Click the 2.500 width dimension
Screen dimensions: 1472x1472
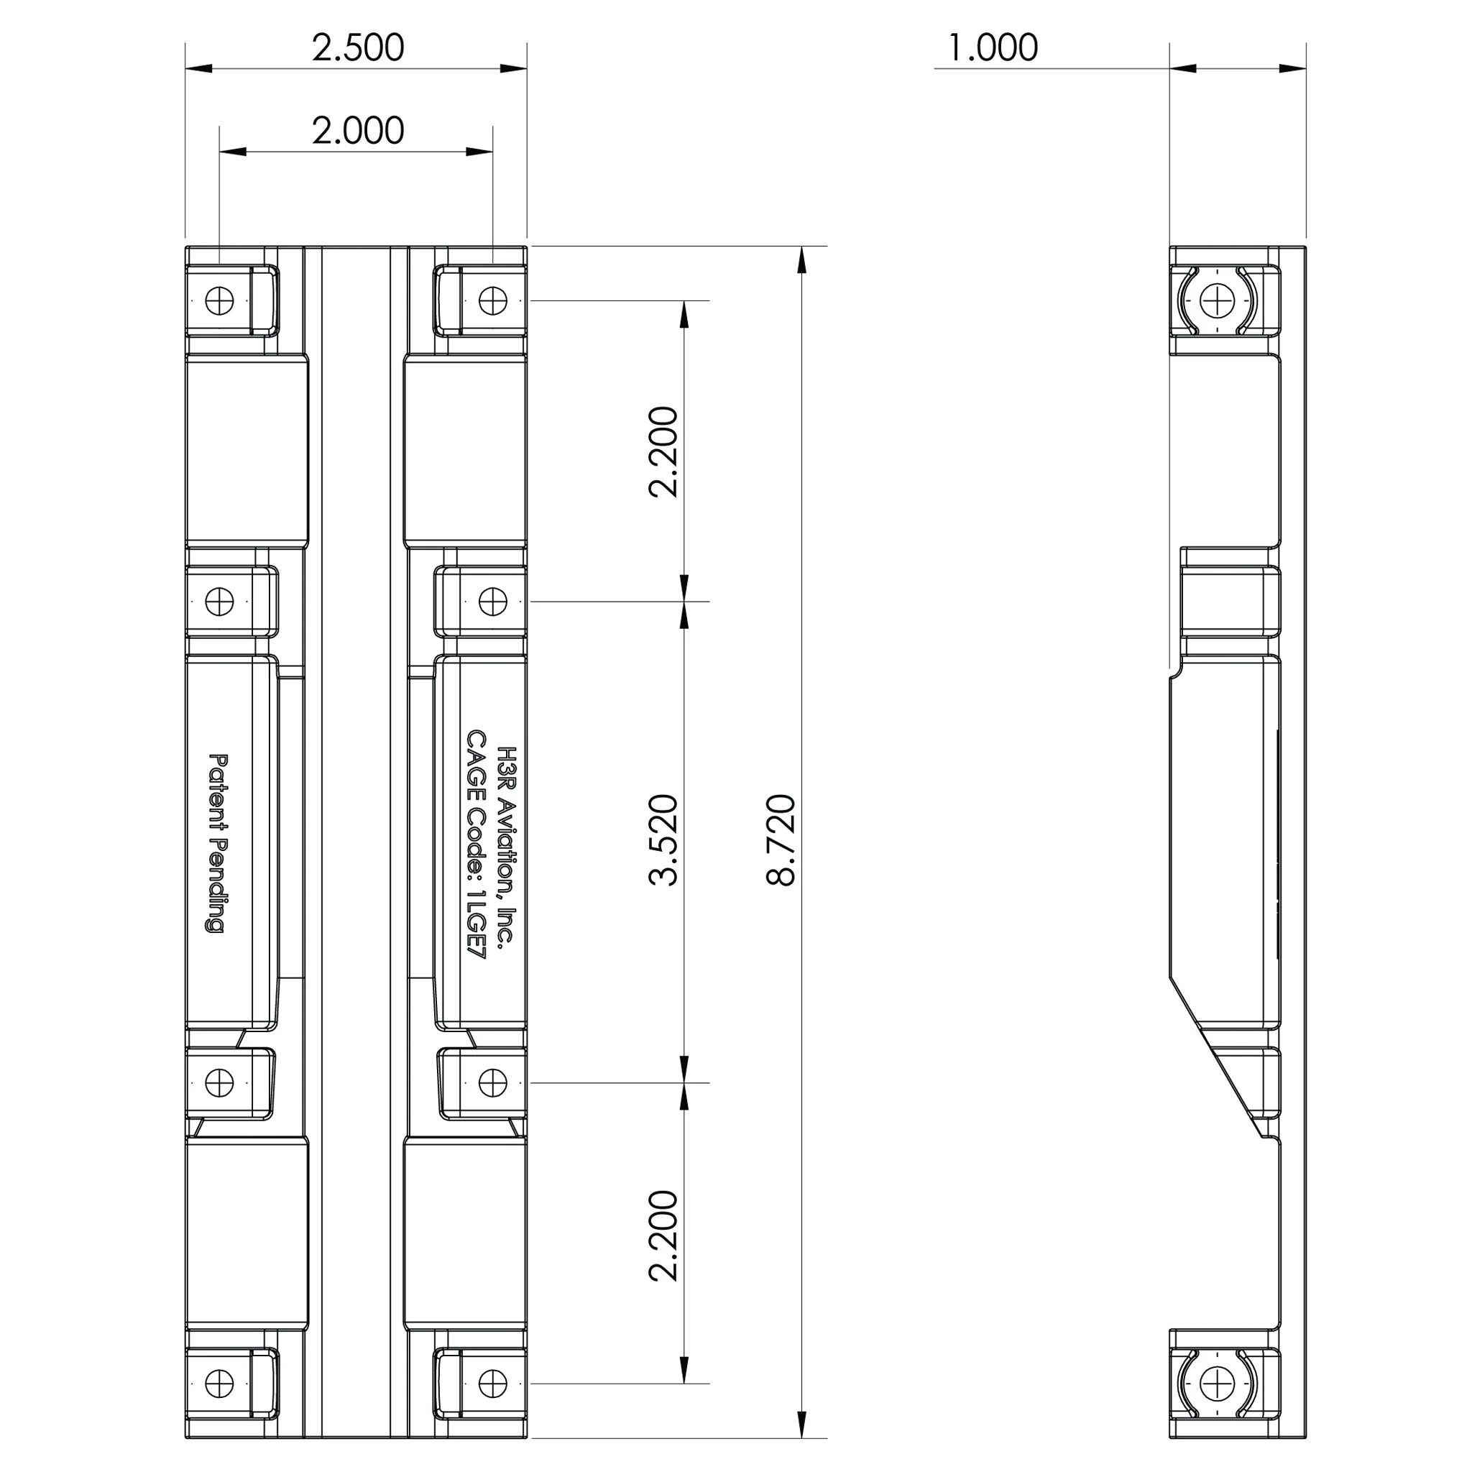click(357, 47)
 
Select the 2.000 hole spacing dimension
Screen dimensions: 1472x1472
click(357, 131)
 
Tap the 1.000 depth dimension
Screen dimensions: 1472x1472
click(991, 47)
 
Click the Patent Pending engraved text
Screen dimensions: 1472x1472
click(218, 843)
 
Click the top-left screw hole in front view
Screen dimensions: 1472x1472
click(219, 300)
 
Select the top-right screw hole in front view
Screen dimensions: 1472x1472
click(493, 300)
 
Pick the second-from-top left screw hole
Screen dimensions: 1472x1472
click(219, 602)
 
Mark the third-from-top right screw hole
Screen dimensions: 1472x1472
click(493, 1082)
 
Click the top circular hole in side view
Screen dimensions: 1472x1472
click(1217, 300)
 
